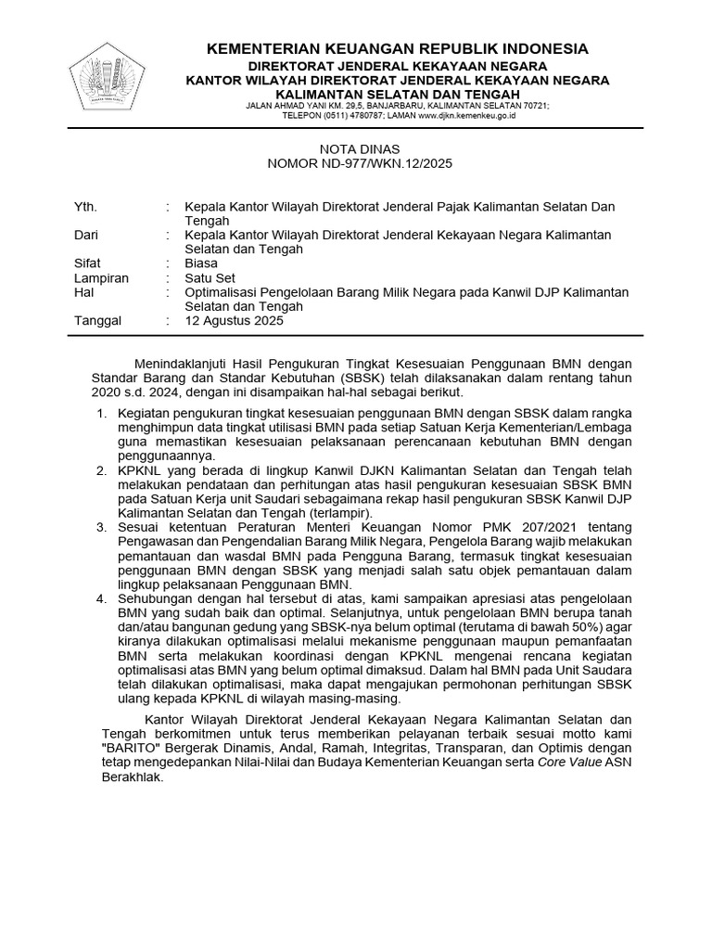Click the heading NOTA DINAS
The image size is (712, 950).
pos(360,148)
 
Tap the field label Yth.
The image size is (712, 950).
pos(84,206)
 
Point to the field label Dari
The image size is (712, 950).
pos(86,235)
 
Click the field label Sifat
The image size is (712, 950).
pos(87,263)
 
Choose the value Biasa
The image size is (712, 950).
pos(201,263)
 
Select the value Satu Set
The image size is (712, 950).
pos(210,277)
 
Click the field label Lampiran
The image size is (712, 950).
pos(101,277)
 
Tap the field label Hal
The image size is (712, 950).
pos(83,292)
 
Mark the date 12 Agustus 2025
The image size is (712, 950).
pos(235,321)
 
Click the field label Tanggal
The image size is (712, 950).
pos(97,321)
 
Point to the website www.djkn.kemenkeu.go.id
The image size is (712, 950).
pos(466,116)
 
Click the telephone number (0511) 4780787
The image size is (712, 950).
pos(339,116)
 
